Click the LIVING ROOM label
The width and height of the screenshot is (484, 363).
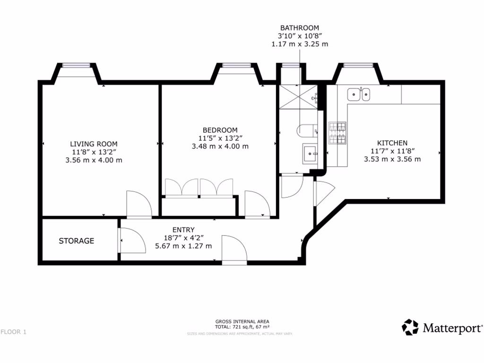pyautogui.click(x=94, y=144)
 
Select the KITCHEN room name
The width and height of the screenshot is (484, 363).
pyautogui.click(x=392, y=143)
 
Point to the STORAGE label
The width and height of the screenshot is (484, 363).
pyautogui.click(x=76, y=241)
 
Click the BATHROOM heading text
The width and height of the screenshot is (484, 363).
pyautogui.click(x=299, y=28)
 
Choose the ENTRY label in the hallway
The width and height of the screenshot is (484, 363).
pyautogui.click(x=184, y=230)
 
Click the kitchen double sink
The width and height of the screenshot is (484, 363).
pyautogui.click(x=358, y=95)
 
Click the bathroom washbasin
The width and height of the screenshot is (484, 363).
pyautogui.click(x=311, y=153)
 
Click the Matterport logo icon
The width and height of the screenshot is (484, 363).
pyautogui.click(x=410, y=327)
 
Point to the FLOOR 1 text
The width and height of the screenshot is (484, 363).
pyautogui.click(x=13, y=332)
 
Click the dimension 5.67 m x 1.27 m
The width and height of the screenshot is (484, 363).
pyautogui.click(x=184, y=246)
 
